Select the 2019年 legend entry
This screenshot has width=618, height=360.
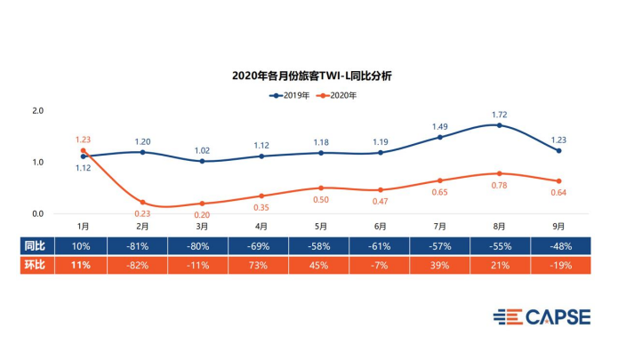pos(289,94)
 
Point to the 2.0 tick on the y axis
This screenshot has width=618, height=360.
pos(37,111)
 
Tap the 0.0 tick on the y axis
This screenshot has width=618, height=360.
pos(37,213)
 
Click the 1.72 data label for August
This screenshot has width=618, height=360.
pos(500,116)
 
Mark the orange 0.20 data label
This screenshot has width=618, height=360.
pos(203,214)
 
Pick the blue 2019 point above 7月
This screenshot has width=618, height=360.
pos(439,137)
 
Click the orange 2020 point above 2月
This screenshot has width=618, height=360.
pos(142,203)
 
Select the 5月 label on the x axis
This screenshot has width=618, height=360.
pos(321,227)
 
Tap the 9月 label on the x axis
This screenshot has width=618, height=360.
pos(558,227)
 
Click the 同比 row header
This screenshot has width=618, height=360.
pos(36,244)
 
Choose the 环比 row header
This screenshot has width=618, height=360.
pos(36,264)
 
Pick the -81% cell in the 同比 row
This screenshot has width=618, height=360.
pos(142,244)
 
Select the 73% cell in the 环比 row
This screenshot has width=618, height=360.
pos(261,264)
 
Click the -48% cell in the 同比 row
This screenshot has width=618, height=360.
pos(558,244)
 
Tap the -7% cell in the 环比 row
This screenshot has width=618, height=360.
pos(380,264)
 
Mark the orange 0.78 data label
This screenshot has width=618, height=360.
pos(501,185)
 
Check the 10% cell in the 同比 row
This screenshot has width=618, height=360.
pos(84,244)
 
